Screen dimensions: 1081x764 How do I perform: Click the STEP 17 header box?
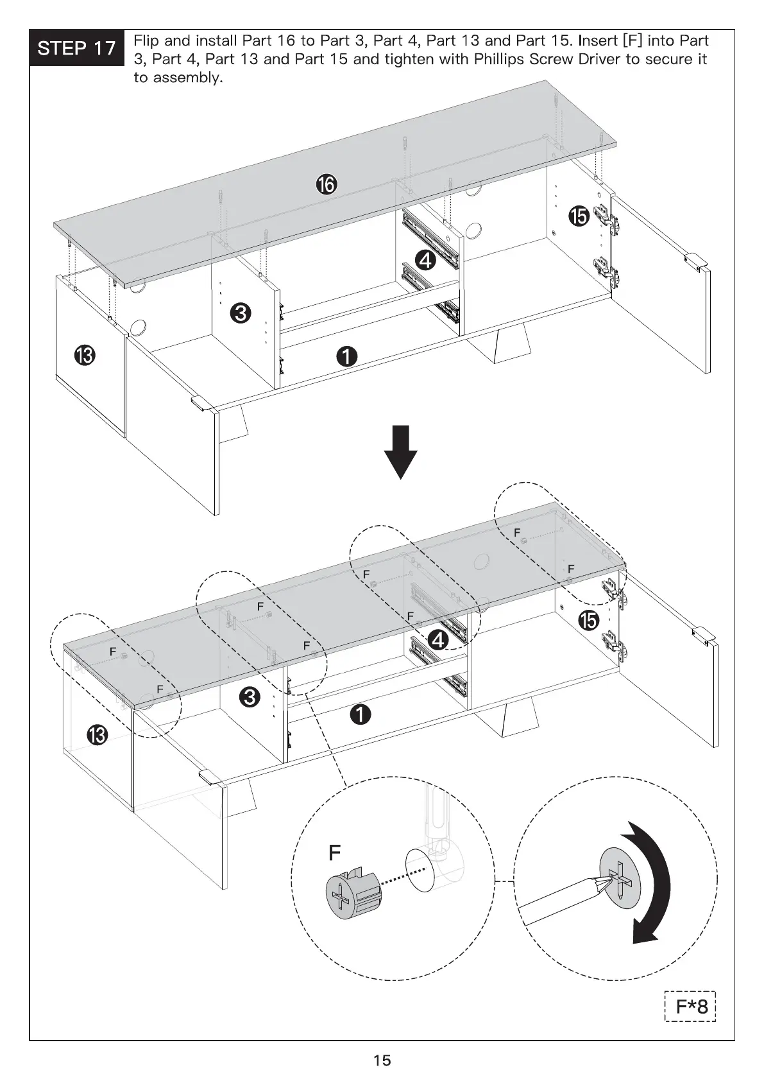[x=76, y=48]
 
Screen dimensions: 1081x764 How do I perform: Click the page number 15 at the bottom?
[x=382, y=1060]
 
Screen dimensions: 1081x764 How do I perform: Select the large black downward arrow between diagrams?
[x=401, y=451]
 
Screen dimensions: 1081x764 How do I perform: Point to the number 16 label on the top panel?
[x=326, y=185]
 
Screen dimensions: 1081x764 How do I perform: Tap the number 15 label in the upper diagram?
[x=579, y=216]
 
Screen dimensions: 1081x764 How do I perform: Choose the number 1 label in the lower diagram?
[x=361, y=714]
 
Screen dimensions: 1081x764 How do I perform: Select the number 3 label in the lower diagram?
[x=250, y=696]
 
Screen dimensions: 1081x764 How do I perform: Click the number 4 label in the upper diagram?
[x=425, y=260]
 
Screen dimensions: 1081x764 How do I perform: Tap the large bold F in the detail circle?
[x=334, y=852]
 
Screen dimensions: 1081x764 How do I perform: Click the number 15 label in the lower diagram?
[x=588, y=621]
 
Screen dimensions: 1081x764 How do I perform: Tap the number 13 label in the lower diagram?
[x=98, y=736]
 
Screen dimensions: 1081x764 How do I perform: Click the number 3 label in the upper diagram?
[x=240, y=313]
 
